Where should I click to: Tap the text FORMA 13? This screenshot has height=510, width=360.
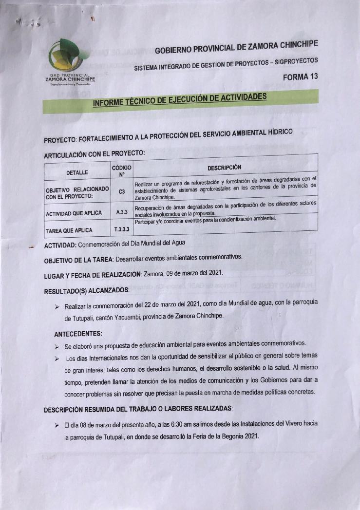click(301, 76)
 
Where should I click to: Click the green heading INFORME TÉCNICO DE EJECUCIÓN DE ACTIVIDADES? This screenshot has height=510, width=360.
click(180, 100)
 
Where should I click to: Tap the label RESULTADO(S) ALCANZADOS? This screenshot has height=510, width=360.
click(87, 291)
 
